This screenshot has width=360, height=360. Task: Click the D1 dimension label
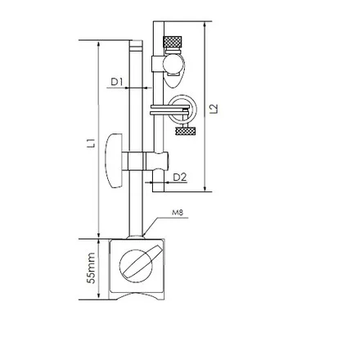117,82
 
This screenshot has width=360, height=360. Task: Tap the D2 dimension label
180,178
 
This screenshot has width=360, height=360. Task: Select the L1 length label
92,143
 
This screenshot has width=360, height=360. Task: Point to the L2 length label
215,109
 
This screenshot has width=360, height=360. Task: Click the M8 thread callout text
178,213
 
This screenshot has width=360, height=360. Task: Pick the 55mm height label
92,268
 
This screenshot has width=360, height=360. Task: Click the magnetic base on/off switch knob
137,263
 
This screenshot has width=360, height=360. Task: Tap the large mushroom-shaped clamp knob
114,161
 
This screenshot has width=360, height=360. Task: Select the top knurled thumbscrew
173,42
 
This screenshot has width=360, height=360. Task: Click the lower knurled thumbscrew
186,132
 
